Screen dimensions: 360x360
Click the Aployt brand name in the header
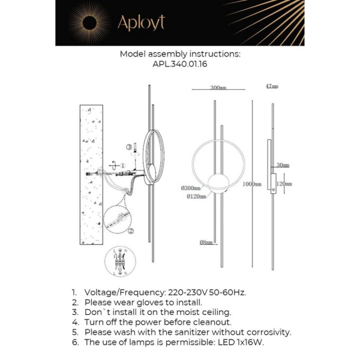(140, 23)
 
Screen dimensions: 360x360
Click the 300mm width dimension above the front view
(218, 88)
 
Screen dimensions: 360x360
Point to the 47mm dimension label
(272, 86)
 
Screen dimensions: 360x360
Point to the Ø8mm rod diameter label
(205, 242)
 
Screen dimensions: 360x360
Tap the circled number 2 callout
(131, 230)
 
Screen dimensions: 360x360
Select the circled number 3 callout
(128, 146)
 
